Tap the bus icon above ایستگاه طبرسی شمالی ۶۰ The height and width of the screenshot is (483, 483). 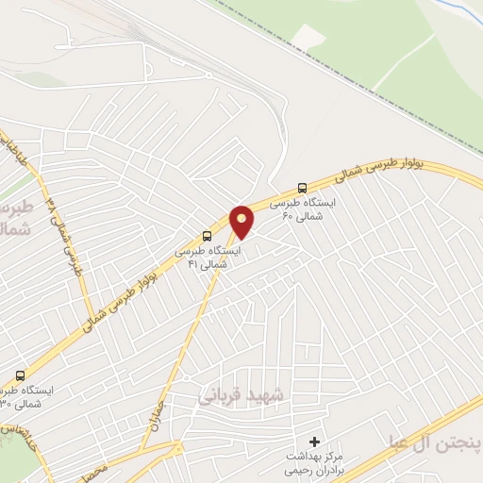point(302,188)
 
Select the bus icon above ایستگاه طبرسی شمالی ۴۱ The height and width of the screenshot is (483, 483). point(207,236)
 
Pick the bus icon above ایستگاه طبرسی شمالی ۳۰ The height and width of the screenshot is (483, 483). point(21,375)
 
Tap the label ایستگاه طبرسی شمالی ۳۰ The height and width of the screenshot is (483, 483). point(25,396)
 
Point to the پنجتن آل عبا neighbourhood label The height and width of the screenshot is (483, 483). point(435,441)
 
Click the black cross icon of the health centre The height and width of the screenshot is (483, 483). point(315,441)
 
